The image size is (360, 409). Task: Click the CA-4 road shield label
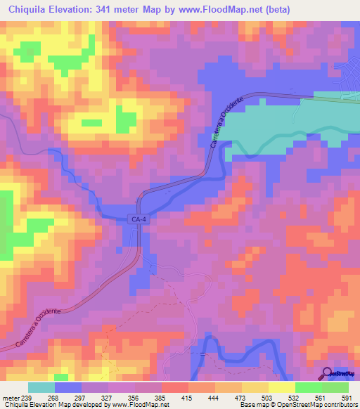tap(139, 220)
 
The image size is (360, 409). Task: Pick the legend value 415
tap(188, 397)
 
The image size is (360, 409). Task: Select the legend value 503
tap(268, 397)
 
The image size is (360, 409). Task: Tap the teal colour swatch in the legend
tap(41, 387)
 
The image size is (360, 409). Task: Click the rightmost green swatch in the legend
tap(335, 387)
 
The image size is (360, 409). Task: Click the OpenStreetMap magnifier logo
tap(328, 373)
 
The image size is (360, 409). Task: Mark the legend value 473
tap(241, 397)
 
